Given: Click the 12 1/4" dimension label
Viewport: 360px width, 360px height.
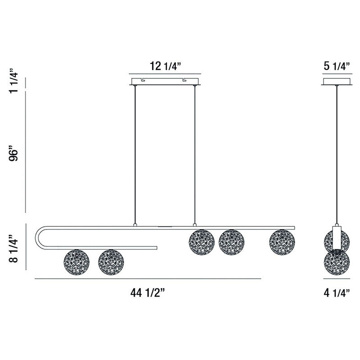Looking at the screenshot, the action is (166, 66).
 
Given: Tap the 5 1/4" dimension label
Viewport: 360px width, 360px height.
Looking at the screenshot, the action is (337, 66).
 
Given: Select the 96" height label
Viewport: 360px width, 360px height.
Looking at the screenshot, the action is (13, 153).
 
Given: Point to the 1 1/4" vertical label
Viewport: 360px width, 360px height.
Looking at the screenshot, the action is (13, 81).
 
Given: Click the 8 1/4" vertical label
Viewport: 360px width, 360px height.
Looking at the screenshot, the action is (13, 248).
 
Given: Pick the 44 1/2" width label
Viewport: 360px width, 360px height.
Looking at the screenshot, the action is (148, 293).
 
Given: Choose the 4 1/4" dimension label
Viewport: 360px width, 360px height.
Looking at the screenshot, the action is (337, 293).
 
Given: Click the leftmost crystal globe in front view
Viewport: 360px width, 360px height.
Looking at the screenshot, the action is (76, 262).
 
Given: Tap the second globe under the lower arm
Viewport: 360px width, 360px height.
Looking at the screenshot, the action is (111, 262).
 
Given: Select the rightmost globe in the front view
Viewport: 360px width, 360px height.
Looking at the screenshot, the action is (282, 242).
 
